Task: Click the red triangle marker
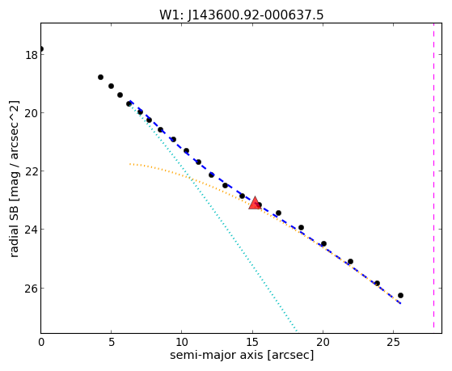tap(255, 203)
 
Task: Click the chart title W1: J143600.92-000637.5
tap(241, 15)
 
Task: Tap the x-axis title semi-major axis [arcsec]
tap(242, 355)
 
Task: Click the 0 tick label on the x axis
tap(41, 342)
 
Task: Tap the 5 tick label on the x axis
tap(112, 342)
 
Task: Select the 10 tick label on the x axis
tap(182, 342)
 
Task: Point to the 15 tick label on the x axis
tap(252, 342)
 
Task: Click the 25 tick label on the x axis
tap(394, 342)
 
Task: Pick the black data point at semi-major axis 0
tap(41, 48)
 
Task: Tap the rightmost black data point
tap(400, 296)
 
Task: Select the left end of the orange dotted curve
tap(130, 164)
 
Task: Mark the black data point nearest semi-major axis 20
tap(323, 243)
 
